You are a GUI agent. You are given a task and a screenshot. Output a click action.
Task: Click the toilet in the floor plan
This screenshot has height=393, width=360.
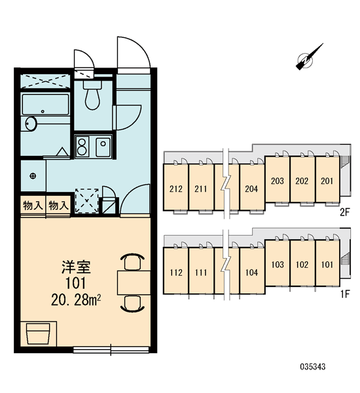pyautogui.click(x=92, y=95)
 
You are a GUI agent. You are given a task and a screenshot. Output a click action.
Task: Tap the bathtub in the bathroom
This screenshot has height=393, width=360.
pyautogui.click(x=45, y=104)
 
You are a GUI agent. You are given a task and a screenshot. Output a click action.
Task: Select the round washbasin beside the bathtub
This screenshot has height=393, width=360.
pyautogui.click(x=31, y=124)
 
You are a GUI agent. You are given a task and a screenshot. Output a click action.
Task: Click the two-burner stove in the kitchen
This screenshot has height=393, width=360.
pyautogui.click(x=81, y=147)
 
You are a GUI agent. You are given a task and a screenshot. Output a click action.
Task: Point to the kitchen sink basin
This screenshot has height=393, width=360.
pyautogui.click(x=103, y=147)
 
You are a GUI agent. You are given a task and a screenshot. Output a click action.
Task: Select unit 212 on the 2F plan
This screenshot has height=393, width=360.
pyautogui.click(x=176, y=189)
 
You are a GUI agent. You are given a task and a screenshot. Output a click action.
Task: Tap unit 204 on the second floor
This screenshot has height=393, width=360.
pyautogui.click(x=251, y=189)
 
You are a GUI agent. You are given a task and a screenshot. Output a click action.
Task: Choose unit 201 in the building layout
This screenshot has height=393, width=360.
pyautogui.click(x=327, y=181)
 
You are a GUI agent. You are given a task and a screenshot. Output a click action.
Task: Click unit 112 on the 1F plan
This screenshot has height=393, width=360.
pyautogui.click(x=176, y=272)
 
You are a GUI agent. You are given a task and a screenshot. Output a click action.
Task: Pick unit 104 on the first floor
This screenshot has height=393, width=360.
pyautogui.click(x=251, y=272)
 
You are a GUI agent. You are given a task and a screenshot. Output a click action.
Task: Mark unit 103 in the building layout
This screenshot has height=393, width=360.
pyautogui.click(x=278, y=265)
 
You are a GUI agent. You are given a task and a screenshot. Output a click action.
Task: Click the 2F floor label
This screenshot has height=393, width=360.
pyautogui.click(x=345, y=212)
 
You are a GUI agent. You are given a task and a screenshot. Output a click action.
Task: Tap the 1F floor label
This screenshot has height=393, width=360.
pyautogui.click(x=345, y=293)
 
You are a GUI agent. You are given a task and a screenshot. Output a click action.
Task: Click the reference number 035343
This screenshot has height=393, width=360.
pyautogui.click(x=313, y=367)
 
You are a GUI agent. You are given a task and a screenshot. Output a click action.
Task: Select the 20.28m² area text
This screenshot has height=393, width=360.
pyautogui.click(x=76, y=300)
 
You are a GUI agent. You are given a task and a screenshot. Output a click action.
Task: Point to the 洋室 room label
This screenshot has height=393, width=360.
pyautogui.click(x=76, y=267)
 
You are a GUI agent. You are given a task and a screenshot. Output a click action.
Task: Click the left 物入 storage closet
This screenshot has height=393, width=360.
pyautogui.click(x=33, y=206)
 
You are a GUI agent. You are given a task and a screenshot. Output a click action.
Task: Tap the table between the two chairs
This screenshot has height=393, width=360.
pyautogui.click(x=134, y=282)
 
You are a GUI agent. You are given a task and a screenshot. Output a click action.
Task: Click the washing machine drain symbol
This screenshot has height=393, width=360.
pyautogui.click(x=33, y=176)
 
